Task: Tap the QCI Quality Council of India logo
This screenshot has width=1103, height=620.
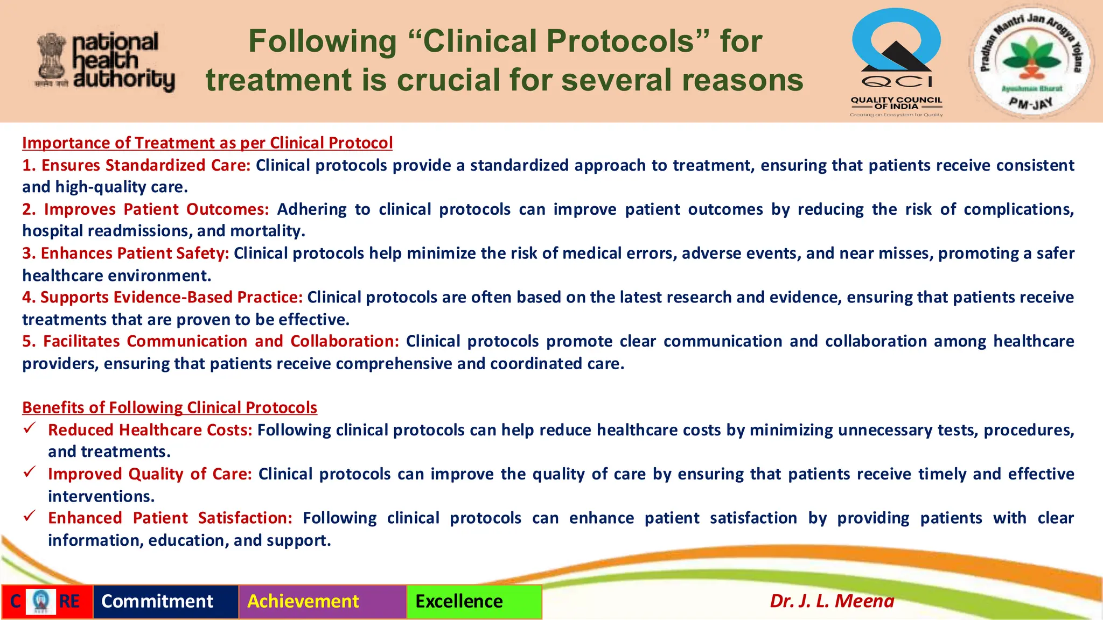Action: pyautogui.click(x=896, y=62)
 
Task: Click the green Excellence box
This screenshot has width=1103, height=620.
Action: pyautogui.click(x=474, y=601)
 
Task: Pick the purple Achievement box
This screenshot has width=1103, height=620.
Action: pyautogui.click(x=322, y=601)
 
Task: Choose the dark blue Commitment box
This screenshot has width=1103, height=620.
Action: pyautogui.click(x=165, y=601)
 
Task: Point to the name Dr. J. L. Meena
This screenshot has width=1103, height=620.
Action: pyautogui.click(x=832, y=601)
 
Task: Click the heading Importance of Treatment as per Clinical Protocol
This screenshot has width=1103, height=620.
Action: pyautogui.click(x=207, y=143)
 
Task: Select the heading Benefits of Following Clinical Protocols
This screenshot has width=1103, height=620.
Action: pyautogui.click(x=170, y=407)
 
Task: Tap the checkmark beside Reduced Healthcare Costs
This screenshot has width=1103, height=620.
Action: pyautogui.click(x=30, y=428)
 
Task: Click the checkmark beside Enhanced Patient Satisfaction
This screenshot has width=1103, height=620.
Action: pyautogui.click(x=30, y=516)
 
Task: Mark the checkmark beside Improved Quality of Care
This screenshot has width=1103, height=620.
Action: pyautogui.click(x=30, y=473)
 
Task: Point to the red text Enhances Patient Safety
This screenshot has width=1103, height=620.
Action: pyautogui.click(x=135, y=253)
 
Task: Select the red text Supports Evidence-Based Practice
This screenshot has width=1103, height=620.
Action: pyautogui.click(x=171, y=298)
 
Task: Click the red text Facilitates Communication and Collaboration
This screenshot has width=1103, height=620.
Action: pyautogui.click(x=221, y=342)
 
